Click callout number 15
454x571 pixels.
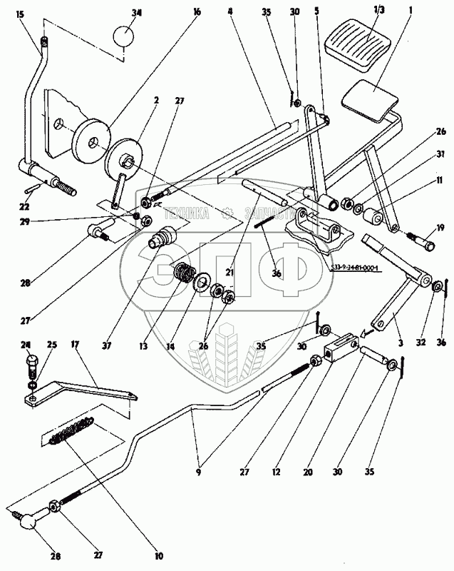click(20, 14)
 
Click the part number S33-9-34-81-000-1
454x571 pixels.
click(357, 266)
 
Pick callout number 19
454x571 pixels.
click(440, 228)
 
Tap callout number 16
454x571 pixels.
click(197, 13)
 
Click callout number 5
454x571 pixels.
click(316, 12)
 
